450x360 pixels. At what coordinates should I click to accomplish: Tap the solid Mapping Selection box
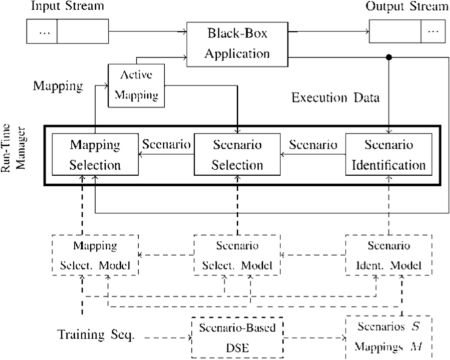click(x=96, y=154)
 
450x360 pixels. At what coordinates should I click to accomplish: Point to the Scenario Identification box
click(x=389, y=154)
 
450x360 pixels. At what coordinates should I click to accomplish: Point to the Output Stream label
click(x=403, y=8)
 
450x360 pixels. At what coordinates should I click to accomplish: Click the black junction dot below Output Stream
click(x=390, y=58)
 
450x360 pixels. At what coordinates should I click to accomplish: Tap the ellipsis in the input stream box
click(x=41, y=32)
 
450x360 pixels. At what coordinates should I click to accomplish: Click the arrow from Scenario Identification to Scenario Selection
click(x=313, y=155)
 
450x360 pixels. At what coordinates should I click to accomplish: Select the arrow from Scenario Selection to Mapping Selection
click(x=167, y=155)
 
